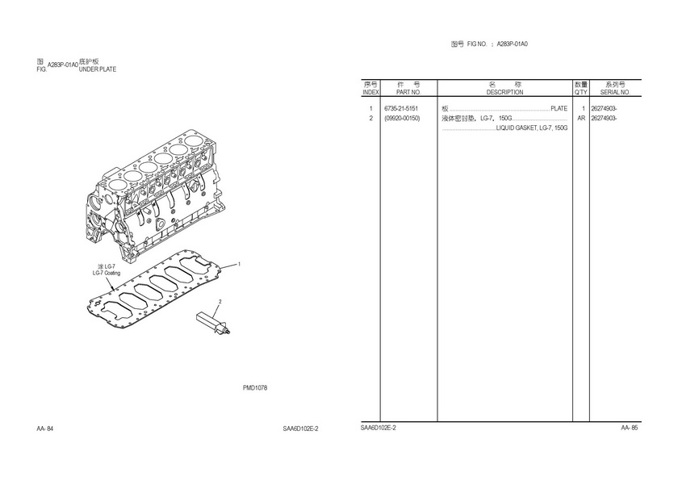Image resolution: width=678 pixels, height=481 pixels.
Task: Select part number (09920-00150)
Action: (402, 119)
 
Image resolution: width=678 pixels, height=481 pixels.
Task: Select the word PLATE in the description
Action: (559, 109)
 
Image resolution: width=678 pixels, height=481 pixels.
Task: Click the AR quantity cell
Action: (580, 119)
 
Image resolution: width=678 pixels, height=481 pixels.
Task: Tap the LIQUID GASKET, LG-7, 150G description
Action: (532, 128)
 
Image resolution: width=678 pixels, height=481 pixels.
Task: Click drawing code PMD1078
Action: (255, 388)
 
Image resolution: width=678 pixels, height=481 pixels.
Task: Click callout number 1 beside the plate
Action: (240, 264)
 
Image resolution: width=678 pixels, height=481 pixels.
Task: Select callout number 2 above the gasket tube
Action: (220, 301)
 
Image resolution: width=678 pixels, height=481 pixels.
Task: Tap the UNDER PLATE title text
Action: (97, 69)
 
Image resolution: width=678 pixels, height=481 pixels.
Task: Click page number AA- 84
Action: (45, 428)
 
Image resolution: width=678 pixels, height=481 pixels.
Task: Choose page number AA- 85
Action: (630, 428)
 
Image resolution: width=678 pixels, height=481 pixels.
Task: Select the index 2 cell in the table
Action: (370, 119)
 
